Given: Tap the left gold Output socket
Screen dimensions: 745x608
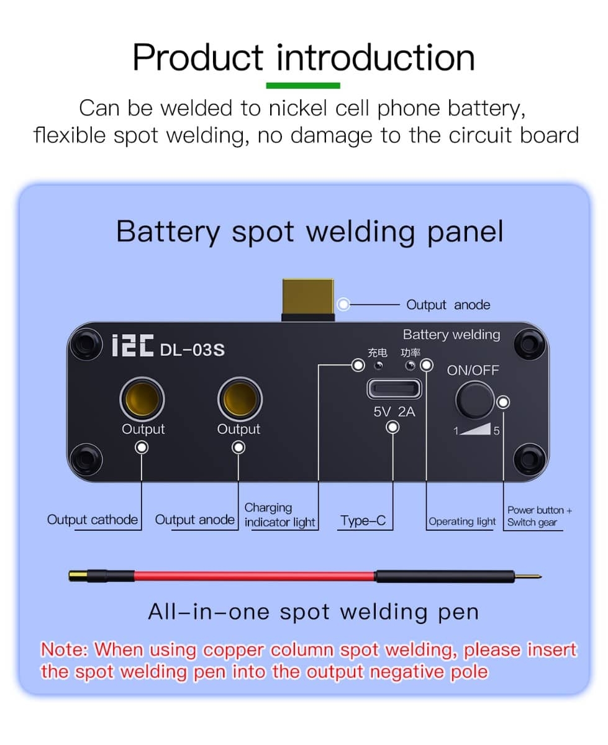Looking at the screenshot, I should pyautogui.click(x=142, y=399).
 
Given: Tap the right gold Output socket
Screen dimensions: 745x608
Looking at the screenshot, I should pyautogui.click(x=240, y=399).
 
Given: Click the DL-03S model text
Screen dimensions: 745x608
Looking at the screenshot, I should pyautogui.click(x=193, y=350).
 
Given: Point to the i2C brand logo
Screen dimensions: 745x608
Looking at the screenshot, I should pyautogui.click(x=132, y=348).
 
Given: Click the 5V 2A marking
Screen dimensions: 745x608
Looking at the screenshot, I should pyautogui.click(x=394, y=411).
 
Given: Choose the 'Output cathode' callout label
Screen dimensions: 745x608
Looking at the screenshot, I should pyautogui.click(x=93, y=520).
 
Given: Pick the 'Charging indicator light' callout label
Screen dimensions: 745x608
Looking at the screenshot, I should pyautogui.click(x=279, y=515).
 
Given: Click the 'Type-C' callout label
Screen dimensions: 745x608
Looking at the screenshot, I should pyautogui.click(x=363, y=521).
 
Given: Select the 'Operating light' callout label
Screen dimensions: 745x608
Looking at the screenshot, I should pyautogui.click(x=462, y=521).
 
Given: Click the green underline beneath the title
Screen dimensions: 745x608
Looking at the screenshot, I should pyautogui.click(x=303, y=85).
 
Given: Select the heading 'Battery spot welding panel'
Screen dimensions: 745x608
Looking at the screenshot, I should pyautogui.click(x=309, y=232).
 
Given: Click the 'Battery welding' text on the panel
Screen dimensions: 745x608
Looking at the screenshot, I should pyautogui.click(x=451, y=335).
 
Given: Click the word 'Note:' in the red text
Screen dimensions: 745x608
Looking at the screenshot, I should pyautogui.click(x=65, y=650).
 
